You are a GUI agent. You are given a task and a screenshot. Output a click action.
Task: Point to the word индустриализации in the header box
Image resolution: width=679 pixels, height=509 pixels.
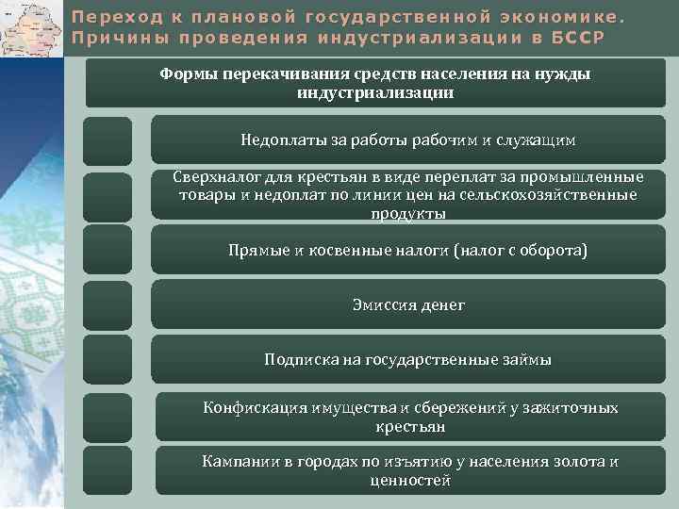pos(374,93)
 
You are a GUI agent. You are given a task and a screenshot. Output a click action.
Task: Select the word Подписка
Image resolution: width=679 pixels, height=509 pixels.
pos(300,360)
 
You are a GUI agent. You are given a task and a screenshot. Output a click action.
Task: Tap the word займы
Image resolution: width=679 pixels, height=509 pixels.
pos(530,360)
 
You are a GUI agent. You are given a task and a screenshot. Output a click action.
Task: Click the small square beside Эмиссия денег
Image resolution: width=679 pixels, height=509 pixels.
pos(107,305)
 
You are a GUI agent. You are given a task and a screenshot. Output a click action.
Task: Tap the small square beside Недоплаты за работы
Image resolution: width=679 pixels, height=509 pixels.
pos(107,140)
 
